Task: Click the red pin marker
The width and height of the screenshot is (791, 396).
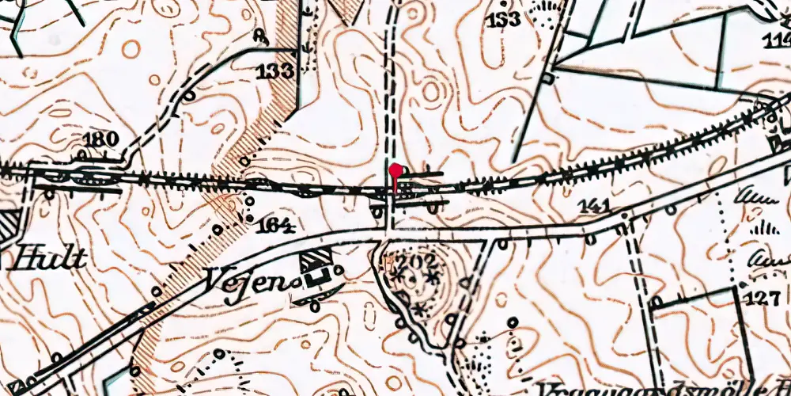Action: point(395,169)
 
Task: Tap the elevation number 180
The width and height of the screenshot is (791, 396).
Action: point(101,139)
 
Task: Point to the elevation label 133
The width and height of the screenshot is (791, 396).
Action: point(274,72)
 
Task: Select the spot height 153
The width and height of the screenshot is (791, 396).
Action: point(504,18)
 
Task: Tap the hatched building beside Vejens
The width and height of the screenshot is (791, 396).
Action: point(317,258)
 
